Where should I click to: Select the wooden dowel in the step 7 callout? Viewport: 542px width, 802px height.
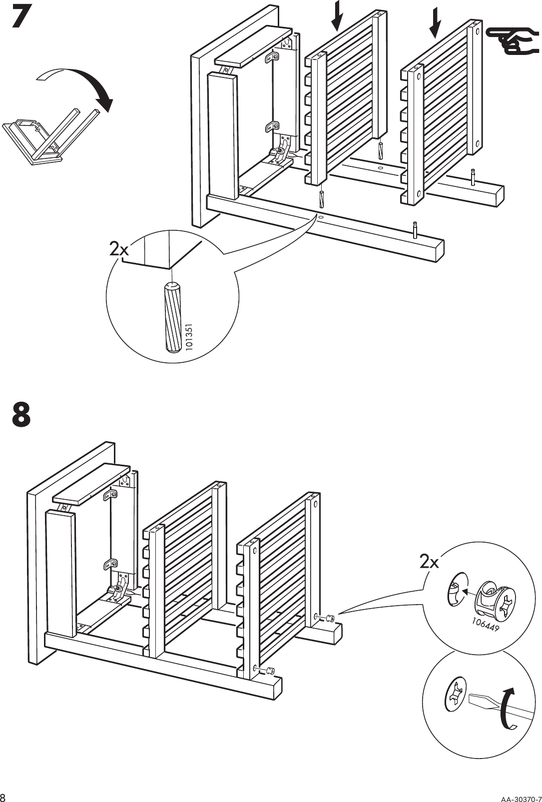click(171, 317)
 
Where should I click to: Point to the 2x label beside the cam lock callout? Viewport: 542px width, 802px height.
click(429, 562)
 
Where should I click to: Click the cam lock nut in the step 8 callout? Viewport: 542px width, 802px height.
click(492, 599)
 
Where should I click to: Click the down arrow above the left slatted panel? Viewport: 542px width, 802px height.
click(338, 15)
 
